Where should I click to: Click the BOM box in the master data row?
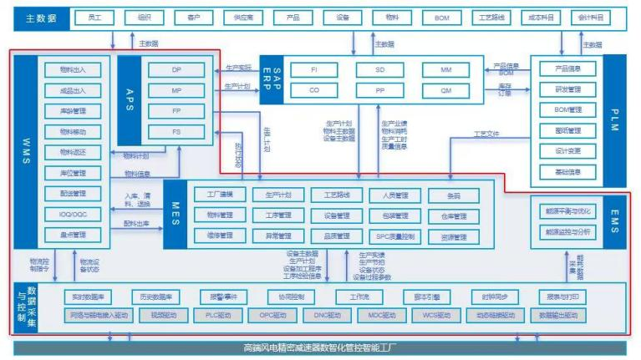442,18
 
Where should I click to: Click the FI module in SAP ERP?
313,70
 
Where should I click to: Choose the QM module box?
445,89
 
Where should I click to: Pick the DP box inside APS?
176,69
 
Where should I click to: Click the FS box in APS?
176,131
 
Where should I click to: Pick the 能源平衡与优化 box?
567,210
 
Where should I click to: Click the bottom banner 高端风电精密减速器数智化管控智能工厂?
320,346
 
